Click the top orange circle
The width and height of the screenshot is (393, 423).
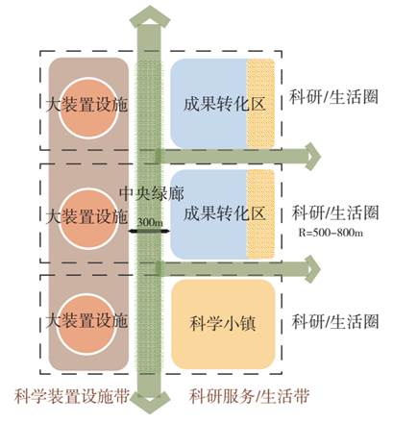click(88, 109)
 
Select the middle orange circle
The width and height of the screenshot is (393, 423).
click(88, 219)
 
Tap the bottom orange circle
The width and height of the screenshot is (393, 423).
click(88, 324)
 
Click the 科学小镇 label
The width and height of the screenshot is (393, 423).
click(223, 323)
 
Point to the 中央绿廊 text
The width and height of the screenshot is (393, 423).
click(152, 193)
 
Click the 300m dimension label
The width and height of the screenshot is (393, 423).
click(150, 222)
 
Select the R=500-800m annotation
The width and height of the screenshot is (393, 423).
click(331, 233)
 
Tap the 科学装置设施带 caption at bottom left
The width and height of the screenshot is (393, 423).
click(72, 396)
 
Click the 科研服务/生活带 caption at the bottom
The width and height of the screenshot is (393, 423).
click(249, 396)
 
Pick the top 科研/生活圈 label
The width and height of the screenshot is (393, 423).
click(333, 96)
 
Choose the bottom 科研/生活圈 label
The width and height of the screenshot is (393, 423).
click(335, 321)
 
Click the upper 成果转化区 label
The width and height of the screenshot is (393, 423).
click(224, 105)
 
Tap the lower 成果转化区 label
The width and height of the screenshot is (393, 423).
click(224, 213)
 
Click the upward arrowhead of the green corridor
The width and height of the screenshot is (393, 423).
click(149, 18)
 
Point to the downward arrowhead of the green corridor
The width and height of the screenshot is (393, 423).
click(150, 402)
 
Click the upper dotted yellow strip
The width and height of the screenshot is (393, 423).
click(260, 103)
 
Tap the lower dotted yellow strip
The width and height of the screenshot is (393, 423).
click(260, 214)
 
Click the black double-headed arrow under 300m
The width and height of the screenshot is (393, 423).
click(148, 230)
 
